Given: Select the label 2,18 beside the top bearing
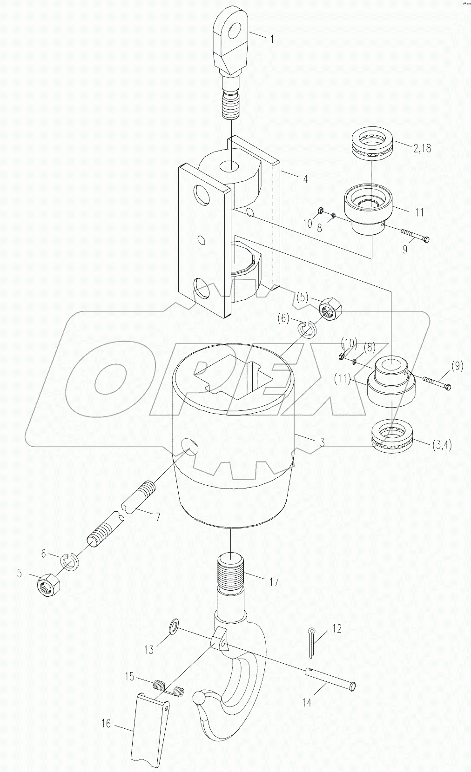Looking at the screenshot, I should pyautogui.click(x=422, y=149).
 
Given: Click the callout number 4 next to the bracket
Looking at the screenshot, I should pyautogui.click(x=305, y=178).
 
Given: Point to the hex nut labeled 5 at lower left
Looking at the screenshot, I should pyautogui.click(x=47, y=582).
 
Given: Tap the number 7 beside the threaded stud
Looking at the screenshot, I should pyautogui.click(x=158, y=516).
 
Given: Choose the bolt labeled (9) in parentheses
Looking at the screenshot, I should pyautogui.click(x=437, y=383).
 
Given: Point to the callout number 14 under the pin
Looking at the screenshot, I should pyautogui.click(x=307, y=702).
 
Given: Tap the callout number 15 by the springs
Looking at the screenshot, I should pyautogui.click(x=129, y=676).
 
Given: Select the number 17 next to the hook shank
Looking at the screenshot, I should pyautogui.click(x=274, y=581).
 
